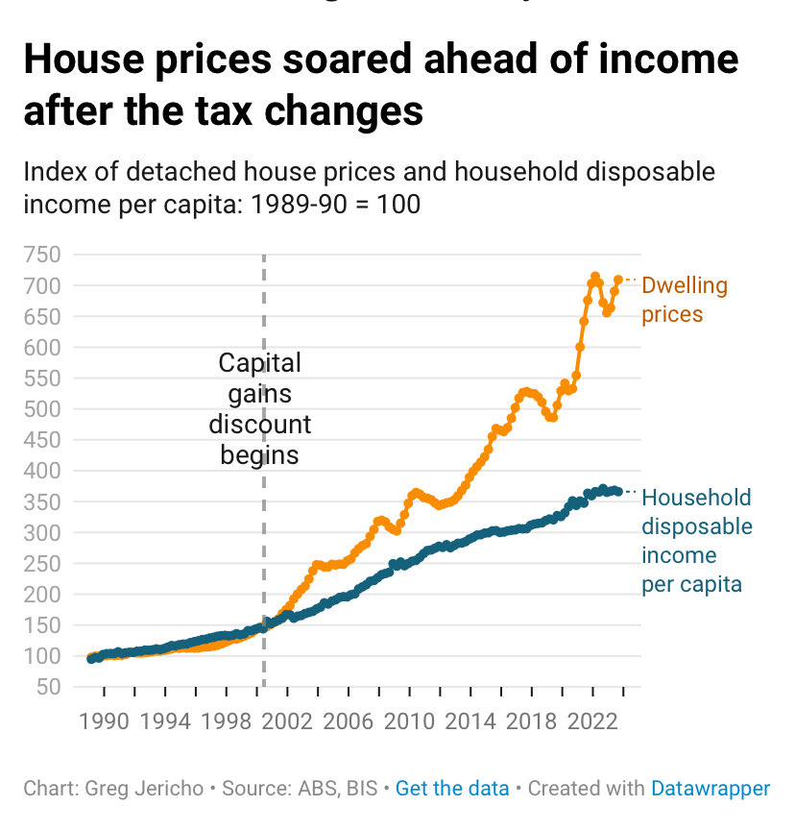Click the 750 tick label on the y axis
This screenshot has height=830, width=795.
pos(44,255)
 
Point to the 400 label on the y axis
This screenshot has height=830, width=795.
pos(44,471)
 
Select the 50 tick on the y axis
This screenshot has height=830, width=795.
pos(50,687)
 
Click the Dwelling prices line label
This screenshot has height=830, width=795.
pos(684,300)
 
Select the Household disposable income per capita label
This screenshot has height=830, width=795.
pos(696,541)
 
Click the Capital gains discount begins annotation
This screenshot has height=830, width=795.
pos(260,408)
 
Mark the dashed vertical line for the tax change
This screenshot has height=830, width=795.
pos(264,557)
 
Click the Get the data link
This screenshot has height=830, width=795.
pos(452,789)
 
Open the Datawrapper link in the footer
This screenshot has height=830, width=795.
pos(710,789)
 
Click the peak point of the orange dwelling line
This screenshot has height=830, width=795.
pos(595,277)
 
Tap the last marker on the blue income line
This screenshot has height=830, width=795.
pos(618,491)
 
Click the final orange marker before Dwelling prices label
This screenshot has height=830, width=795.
pos(618,280)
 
